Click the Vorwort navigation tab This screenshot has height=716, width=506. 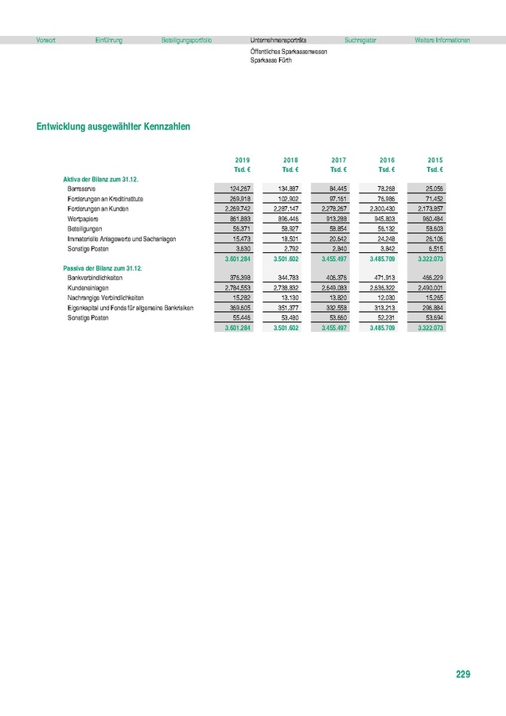click(x=45, y=40)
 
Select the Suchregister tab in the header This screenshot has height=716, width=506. click(x=360, y=40)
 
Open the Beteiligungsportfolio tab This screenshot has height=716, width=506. click(x=185, y=40)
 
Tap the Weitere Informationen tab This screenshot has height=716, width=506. click(x=442, y=40)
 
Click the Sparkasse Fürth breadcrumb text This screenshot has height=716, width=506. click(x=270, y=60)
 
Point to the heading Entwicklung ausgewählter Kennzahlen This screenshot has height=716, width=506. click(x=112, y=126)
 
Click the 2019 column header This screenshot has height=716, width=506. click(x=243, y=160)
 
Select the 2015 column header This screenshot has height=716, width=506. click(x=435, y=160)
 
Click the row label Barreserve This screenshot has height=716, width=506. click(x=83, y=188)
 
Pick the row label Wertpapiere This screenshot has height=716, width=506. click(x=84, y=218)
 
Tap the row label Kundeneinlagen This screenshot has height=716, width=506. click(x=88, y=288)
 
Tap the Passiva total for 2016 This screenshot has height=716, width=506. click(x=383, y=328)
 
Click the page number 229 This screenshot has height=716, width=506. click(x=463, y=675)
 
